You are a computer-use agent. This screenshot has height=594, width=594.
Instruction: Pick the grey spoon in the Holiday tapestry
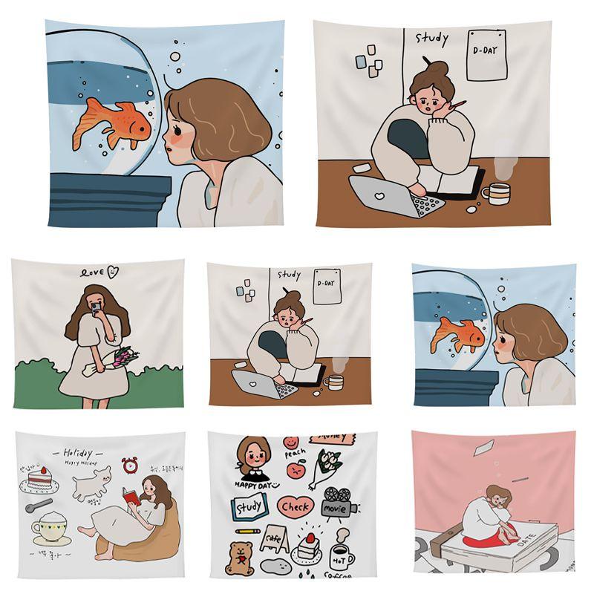(37, 506)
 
